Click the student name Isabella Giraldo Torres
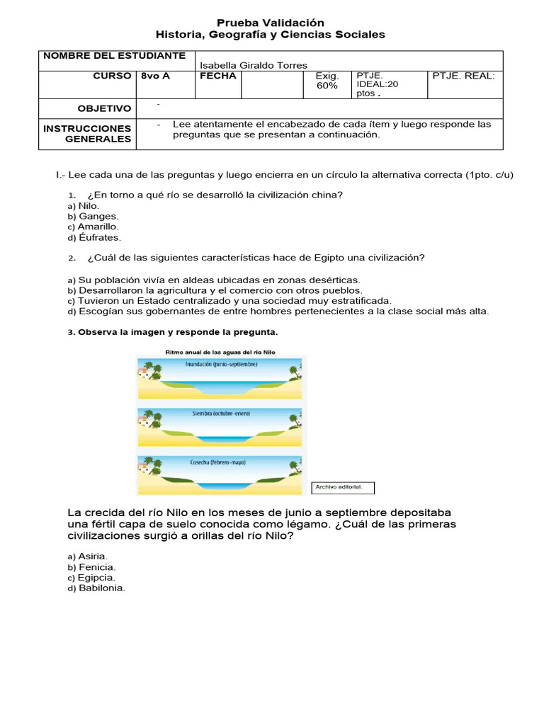254,65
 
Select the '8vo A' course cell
155,76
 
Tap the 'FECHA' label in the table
217,76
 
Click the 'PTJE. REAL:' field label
463,76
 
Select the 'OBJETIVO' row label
104,108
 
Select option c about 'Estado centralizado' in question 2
229,300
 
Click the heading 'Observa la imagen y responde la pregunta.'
178,331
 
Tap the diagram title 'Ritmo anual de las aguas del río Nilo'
220,351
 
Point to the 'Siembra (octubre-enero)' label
220,413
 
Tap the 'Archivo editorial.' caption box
341,487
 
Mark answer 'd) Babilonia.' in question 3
96,588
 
